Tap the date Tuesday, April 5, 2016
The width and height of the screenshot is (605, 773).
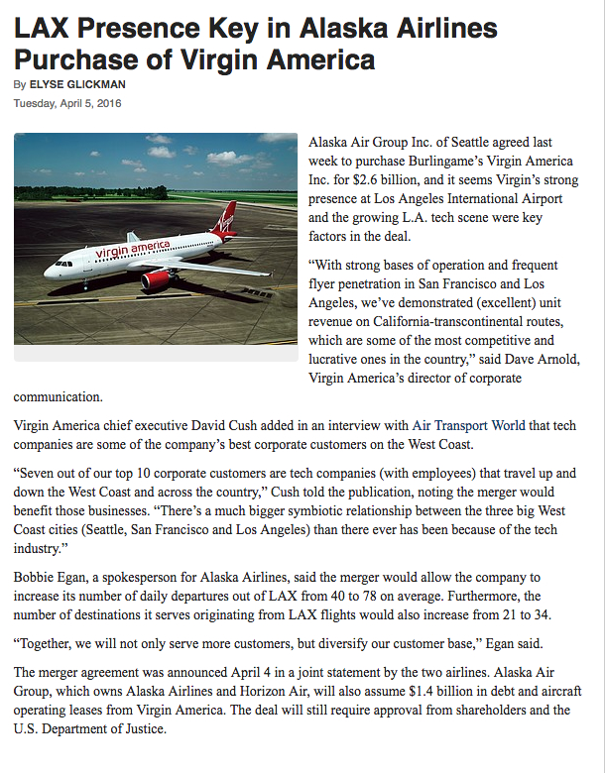pos(67,103)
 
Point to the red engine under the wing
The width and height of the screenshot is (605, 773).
pos(156,279)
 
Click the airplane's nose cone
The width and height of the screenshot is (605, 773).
pos(49,268)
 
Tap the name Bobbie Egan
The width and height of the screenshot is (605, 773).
pos(52,577)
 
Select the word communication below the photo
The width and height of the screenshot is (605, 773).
pos(58,397)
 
